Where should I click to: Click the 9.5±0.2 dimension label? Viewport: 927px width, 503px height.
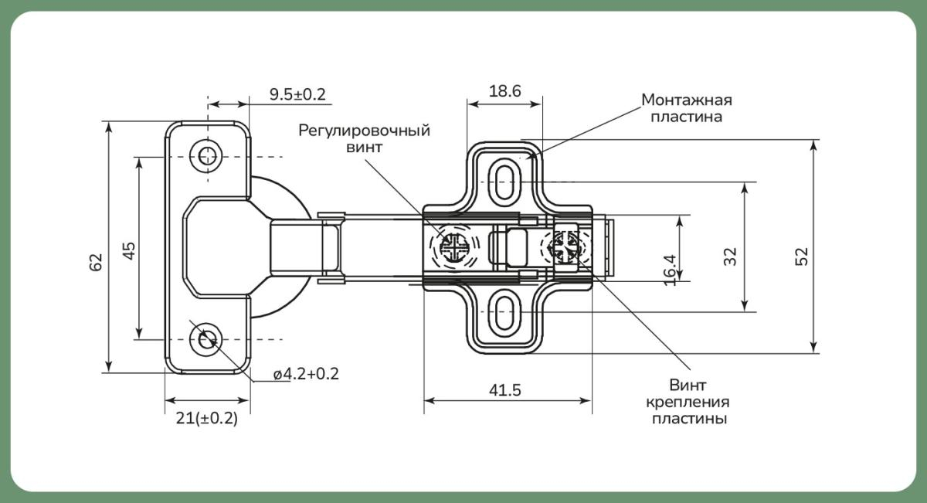point(297,94)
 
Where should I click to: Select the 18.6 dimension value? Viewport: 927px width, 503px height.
point(505,90)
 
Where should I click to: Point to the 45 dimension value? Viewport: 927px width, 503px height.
point(129,250)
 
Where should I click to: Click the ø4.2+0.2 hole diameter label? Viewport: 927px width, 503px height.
point(306,374)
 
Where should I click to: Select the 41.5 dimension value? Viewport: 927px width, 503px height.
point(505,390)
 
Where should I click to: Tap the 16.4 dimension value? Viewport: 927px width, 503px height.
point(670,269)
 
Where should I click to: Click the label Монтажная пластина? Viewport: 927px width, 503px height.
point(687,109)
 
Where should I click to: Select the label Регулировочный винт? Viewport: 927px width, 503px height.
point(365,138)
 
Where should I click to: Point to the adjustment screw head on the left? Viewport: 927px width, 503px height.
point(453,247)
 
